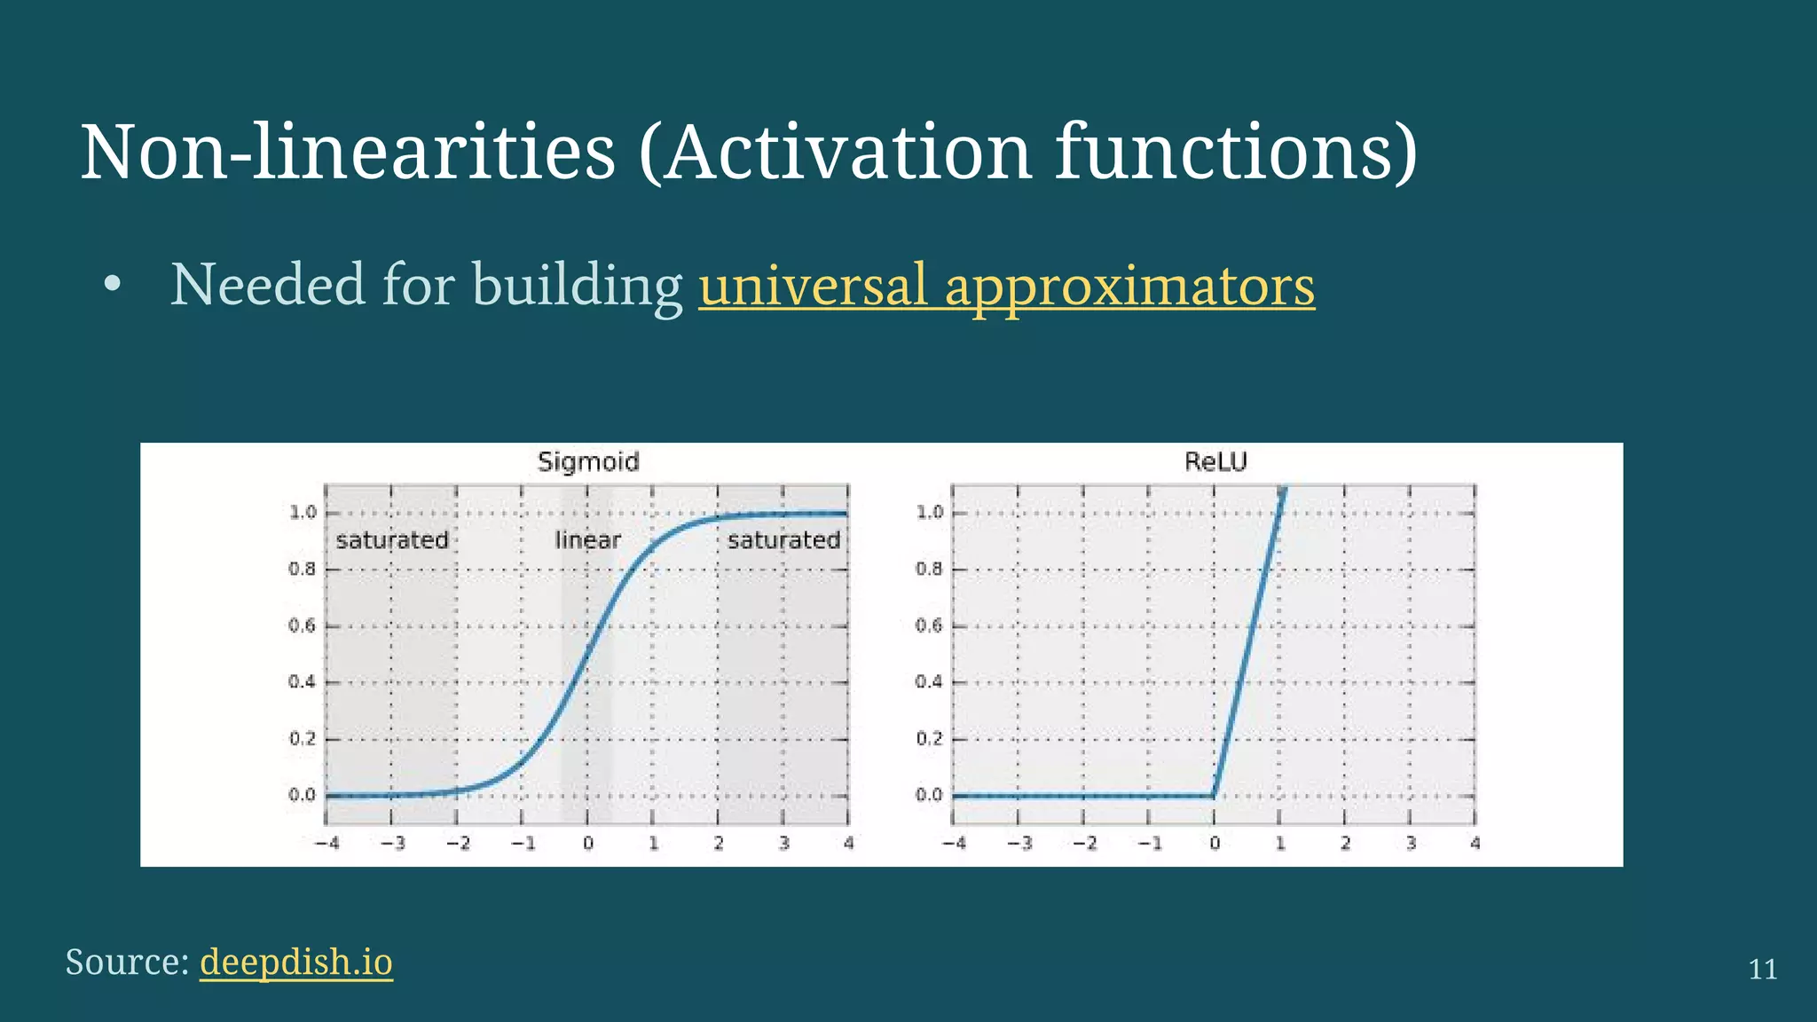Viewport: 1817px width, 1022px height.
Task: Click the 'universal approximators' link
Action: tap(1006, 286)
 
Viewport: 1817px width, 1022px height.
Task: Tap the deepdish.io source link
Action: tap(296, 962)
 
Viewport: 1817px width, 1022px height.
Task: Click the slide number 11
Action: tap(1762, 969)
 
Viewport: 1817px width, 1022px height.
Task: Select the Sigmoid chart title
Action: tap(588, 461)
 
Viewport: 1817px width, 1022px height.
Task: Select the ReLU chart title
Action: tap(1215, 461)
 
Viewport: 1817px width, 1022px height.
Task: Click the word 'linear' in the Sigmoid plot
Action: tap(587, 539)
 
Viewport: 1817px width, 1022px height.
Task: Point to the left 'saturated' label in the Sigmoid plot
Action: tap(392, 539)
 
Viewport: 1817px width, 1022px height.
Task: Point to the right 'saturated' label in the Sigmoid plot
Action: tap(783, 539)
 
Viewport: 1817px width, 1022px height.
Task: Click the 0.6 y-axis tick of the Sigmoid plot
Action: tap(302, 625)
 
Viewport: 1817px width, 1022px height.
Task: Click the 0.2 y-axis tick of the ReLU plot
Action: tap(929, 739)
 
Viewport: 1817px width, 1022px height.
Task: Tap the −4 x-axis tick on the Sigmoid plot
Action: tap(327, 843)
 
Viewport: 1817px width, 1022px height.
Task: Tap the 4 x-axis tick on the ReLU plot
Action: tap(1475, 843)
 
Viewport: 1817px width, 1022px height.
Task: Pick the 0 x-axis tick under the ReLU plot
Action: tap(1215, 843)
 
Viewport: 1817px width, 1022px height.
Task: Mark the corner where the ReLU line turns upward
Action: tap(1214, 795)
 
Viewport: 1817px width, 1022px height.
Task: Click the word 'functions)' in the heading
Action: tap(1236, 153)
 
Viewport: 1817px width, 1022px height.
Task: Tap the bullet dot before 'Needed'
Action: tap(112, 286)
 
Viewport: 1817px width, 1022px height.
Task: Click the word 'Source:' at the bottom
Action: tap(127, 962)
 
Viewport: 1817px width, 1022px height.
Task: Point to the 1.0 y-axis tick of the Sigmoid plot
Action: tap(303, 513)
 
